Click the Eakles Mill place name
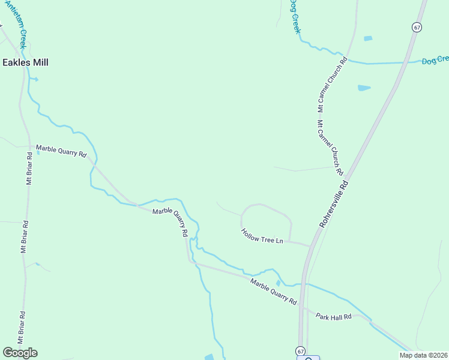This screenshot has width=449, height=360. [x=25, y=62]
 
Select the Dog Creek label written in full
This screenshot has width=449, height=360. [x=294, y=16]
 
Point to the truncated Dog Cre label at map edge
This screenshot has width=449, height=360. [x=435, y=60]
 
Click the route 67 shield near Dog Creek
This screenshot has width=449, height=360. [x=417, y=27]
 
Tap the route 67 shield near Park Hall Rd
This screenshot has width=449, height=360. [x=300, y=350]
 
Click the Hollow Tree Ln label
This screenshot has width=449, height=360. [x=262, y=236]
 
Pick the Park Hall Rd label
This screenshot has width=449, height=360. [x=333, y=316]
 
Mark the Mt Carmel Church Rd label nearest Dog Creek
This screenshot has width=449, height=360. [x=333, y=85]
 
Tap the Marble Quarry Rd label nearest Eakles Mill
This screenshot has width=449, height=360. [x=61, y=151]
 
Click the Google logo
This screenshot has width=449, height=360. [x=20, y=353]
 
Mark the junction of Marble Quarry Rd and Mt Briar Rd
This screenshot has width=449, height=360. [x=30, y=146]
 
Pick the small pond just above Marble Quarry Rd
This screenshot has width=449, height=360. [x=277, y=283]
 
